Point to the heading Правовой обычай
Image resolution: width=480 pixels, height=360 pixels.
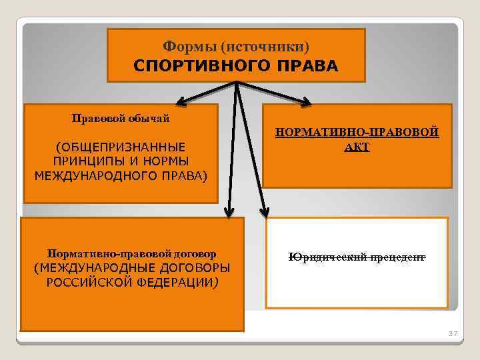click(x=121, y=119)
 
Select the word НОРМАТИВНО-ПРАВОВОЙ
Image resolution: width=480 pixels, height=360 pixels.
click(x=357, y=132)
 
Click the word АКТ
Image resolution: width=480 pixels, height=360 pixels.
click(x=357, y=146)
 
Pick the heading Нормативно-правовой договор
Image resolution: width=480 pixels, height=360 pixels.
click(x=132, y=254)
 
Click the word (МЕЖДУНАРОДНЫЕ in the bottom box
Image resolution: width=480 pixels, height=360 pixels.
click(x=92, y=268)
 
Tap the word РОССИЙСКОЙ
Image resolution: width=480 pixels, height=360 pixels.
click(x=87, y=282)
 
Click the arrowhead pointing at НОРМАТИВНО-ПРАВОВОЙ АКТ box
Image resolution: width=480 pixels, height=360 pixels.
click(x=305, y=102)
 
